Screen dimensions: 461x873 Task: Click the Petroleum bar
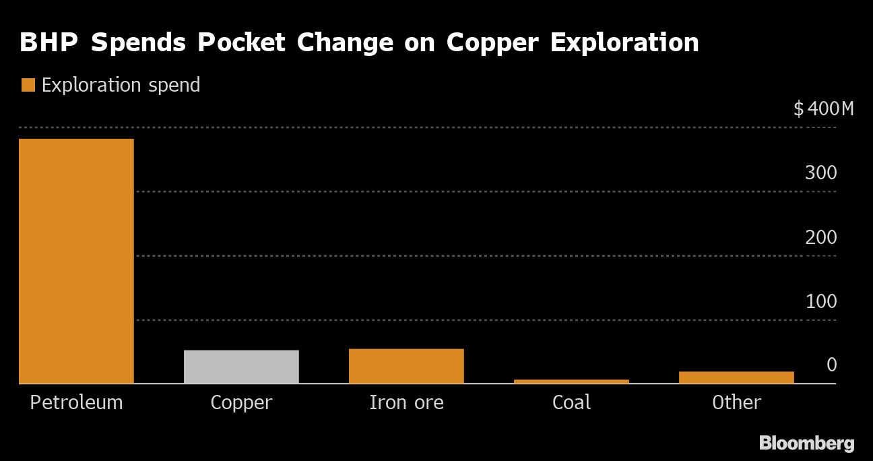[x=76, y=261]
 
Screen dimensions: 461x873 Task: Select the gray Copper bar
[x=241, y=367]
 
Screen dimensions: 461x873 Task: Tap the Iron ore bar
[x=406, y=366]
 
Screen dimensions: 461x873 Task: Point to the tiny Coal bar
[x=571, y=381]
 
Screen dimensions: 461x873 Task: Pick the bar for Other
[x=736, y=377]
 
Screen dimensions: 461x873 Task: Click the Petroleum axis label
[x=76, y=402]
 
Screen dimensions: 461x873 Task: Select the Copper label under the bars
[x=241, y=402]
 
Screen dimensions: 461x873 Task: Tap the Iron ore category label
[x=406, y=402]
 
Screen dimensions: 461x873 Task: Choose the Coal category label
[x=571, y=402]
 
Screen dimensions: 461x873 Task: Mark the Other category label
[x=736, y=402]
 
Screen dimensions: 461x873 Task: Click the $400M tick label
[x=823, y=109]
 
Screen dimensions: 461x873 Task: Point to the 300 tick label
[x=820, y=173]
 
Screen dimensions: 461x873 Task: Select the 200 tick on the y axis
[x=820, y=237]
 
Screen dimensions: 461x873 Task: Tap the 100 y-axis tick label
[x=820, y=301]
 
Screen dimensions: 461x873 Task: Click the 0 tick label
[x=831, y=365]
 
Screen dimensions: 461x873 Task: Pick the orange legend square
[x=28, y=85]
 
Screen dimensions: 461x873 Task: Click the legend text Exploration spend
[x=121, y=85]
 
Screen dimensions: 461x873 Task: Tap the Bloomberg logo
[x=806, y=443]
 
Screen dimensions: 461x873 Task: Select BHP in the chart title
[x=49, y=42]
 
